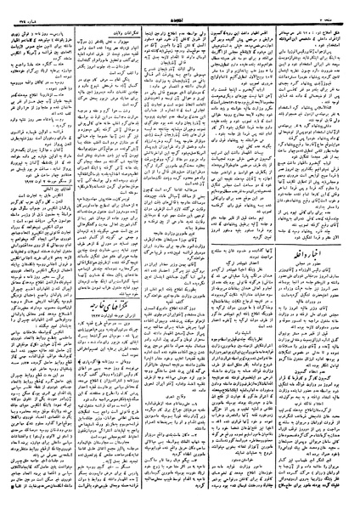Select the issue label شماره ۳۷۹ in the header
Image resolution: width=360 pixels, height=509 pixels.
[20, 5]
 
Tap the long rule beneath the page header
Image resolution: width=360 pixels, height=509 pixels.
[180, 11]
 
